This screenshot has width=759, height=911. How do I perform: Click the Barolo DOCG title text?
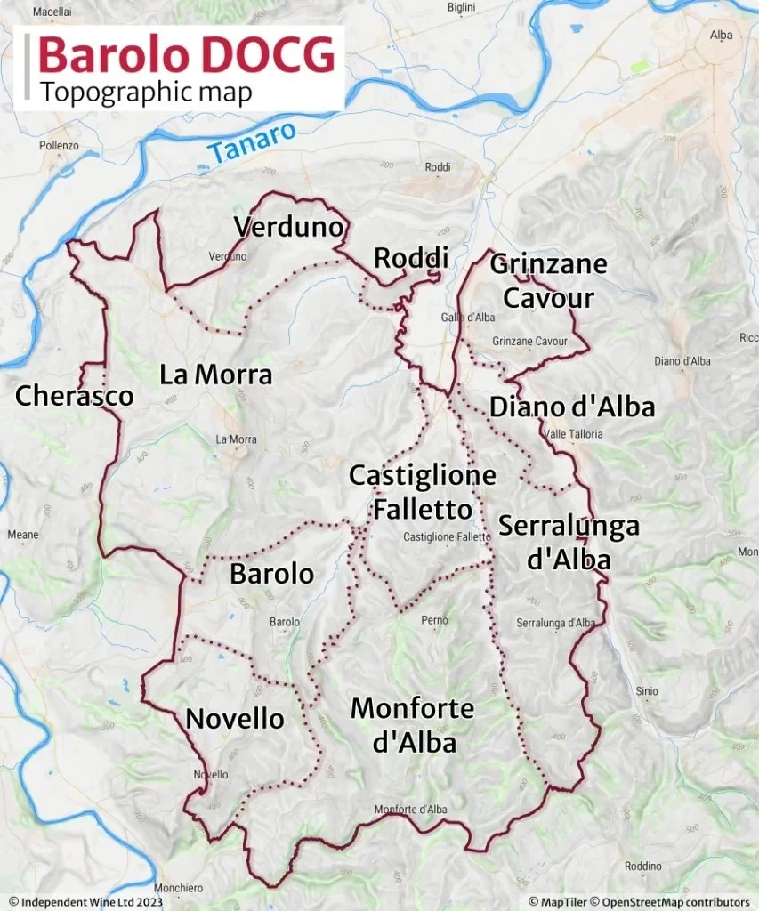click(187, 54)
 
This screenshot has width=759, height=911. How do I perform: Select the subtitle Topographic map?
click(146, 92)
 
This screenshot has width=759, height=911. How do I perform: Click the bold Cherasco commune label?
click(74, 396)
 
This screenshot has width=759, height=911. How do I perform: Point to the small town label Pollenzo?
click(59, 145)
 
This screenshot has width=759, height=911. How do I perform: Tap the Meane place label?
click(23, 535)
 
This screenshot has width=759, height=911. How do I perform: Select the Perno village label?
click(435, 619)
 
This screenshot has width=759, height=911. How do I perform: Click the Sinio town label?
click(647, 690)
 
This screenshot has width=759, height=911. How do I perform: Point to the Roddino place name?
click(642, 866)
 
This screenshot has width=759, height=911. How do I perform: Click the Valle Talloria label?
click(576, 434)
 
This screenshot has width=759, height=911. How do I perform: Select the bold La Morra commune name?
click(215, 375)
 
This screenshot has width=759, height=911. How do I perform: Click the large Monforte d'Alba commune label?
click(412, 725)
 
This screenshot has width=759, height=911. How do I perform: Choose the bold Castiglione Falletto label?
click(422, 492)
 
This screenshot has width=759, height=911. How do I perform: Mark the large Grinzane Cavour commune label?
click(548, 280)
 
